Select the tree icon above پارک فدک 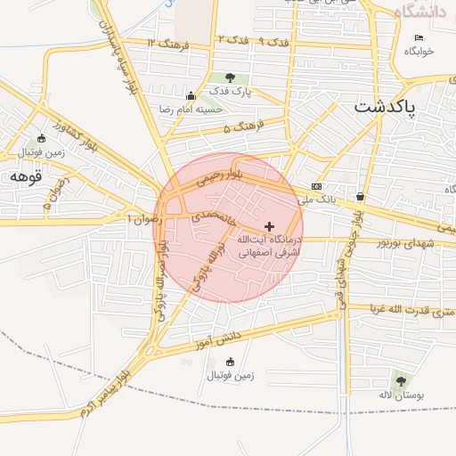[231, 78]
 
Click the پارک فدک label [231, 92]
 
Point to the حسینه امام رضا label [190, 109]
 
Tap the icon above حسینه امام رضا [190, 96]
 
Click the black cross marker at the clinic [270, 227]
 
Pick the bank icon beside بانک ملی [316, 187]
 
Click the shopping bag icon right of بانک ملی [359, 197]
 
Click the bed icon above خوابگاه [419, 37]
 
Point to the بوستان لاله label [397, 394]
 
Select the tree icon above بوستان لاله [398, 380]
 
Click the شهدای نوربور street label [405, 242]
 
